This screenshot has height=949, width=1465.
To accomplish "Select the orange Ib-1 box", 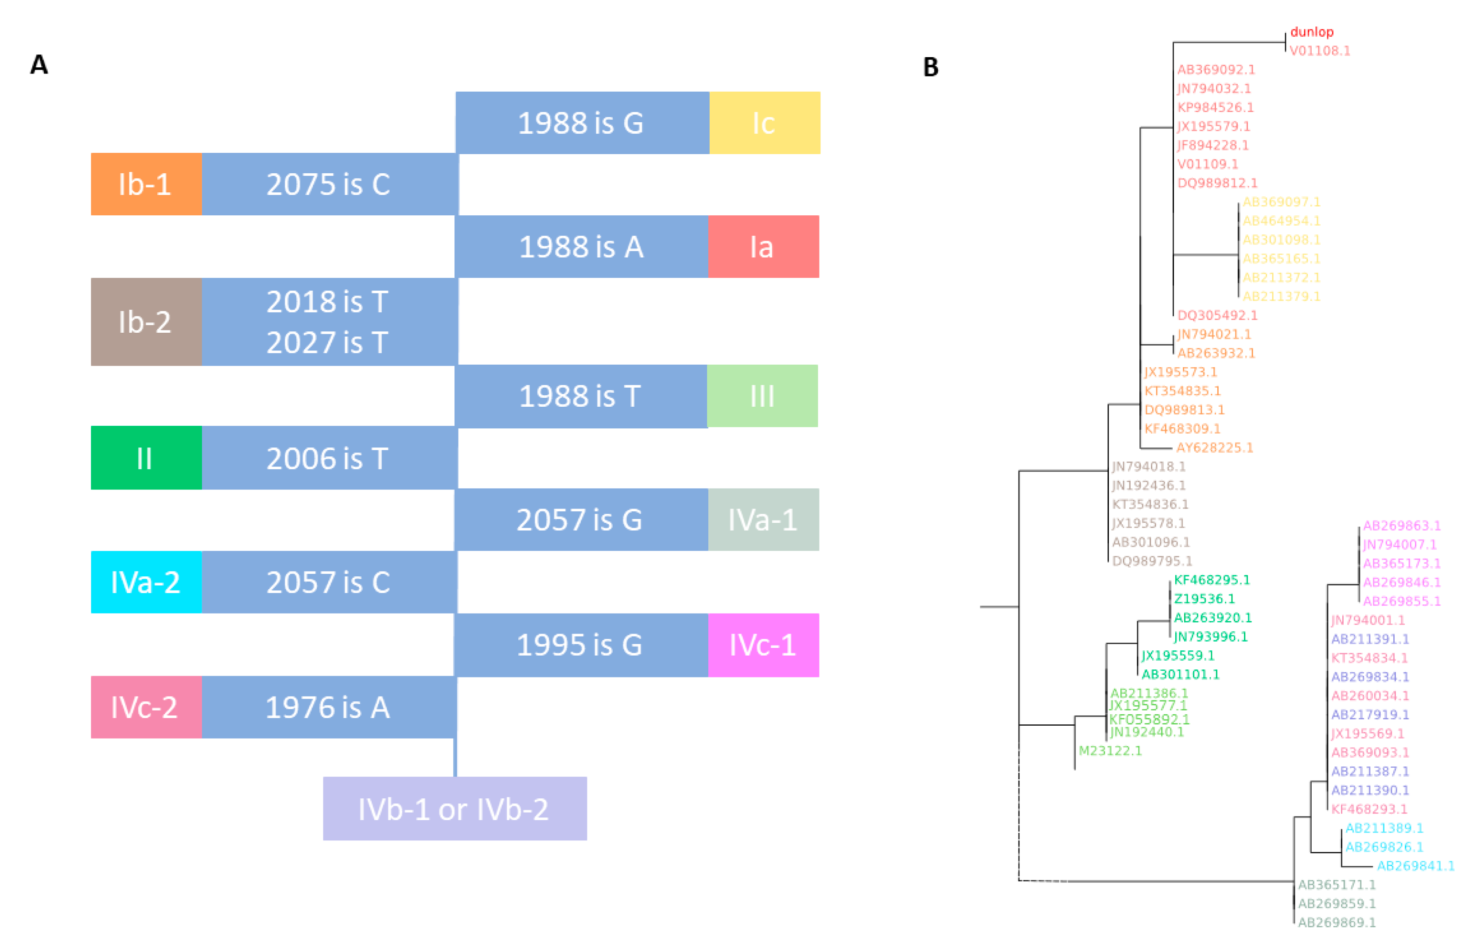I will (x=146, y=184).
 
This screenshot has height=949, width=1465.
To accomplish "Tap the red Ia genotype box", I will (x=763, y=247).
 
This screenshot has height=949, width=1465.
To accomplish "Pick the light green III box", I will (x=762, y=396).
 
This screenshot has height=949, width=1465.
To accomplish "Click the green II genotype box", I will (x=146, y=458).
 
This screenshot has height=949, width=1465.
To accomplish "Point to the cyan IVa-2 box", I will (x=146, y=582).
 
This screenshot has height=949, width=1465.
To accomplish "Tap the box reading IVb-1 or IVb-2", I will (x=454, y=809).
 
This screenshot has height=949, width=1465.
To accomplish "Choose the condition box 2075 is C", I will (x=329, y=184).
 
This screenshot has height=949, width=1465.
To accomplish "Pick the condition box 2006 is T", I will (x=329, y=458).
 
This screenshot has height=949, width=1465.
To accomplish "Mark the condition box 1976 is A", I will (x=329, y=707).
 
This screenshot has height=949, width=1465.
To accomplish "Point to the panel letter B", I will (x=931, y=67).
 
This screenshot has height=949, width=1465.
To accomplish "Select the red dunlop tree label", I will (x=1311, y=32).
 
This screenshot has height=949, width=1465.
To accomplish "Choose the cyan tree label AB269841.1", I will (x=1415, y=866).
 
